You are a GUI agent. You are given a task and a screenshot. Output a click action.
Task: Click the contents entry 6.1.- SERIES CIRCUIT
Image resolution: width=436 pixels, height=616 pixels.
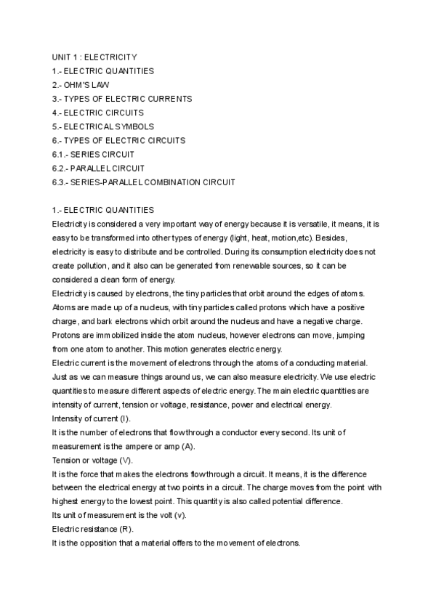(93, 154)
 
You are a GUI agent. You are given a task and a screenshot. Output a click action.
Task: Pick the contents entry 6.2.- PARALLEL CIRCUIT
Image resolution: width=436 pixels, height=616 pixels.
(99, 168)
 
